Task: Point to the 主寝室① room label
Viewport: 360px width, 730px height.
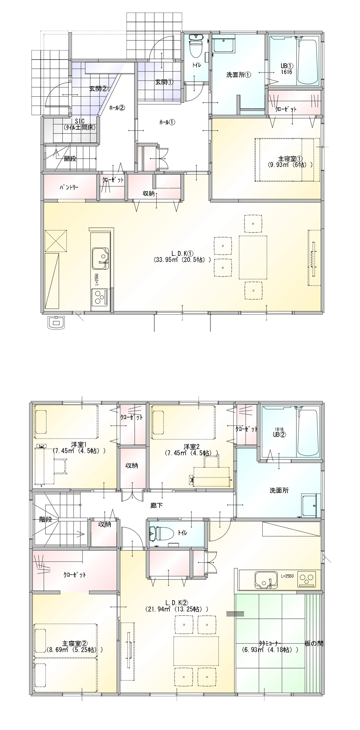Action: click(x=290, y=159)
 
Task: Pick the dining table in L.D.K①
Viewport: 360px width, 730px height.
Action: click(x=253, y=257)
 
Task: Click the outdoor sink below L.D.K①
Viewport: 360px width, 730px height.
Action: click(x=57, y=322)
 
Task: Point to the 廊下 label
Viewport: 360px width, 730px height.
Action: click(x=156, y=506)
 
